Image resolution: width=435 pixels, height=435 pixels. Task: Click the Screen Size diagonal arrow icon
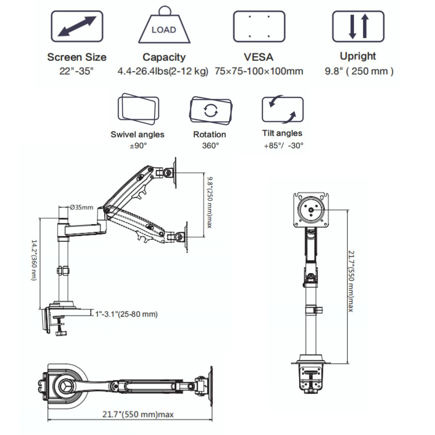click(77, 26)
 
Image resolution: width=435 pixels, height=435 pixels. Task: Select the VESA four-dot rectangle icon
click(259, 26)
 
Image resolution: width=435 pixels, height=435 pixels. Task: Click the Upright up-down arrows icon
click(358, 26)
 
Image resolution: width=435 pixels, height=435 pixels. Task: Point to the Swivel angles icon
click(138, 109)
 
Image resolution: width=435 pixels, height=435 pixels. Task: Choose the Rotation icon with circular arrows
click(211, 110)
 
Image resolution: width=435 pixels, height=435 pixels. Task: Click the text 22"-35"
click(76, 71)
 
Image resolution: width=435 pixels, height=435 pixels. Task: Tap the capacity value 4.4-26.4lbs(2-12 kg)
click(163, 71)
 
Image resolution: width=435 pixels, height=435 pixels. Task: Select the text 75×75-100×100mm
click(259, 71)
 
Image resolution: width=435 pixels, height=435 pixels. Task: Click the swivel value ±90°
click(138, 146)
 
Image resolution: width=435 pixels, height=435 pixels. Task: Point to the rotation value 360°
click(210, 146)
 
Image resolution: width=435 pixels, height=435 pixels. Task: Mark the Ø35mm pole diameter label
click(82, 208)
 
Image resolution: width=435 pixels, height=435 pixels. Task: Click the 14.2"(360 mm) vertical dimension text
click(34, 260)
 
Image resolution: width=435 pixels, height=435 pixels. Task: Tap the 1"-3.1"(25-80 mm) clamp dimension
click(127, 314)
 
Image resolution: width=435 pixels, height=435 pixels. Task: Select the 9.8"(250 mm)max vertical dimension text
click(209, 202)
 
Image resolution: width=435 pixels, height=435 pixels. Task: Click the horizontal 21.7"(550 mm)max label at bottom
click(138, 414)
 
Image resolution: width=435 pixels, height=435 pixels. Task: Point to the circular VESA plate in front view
click(311, 210)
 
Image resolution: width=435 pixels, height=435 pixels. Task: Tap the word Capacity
click(164, 57)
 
